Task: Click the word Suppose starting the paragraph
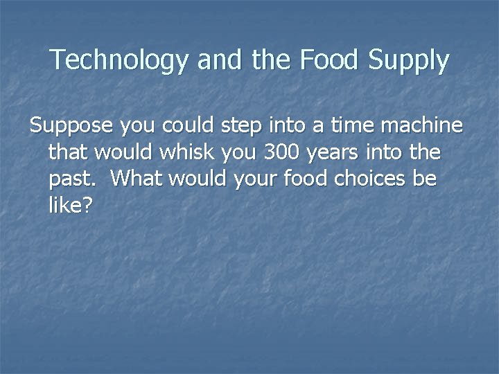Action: click(71, 126)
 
